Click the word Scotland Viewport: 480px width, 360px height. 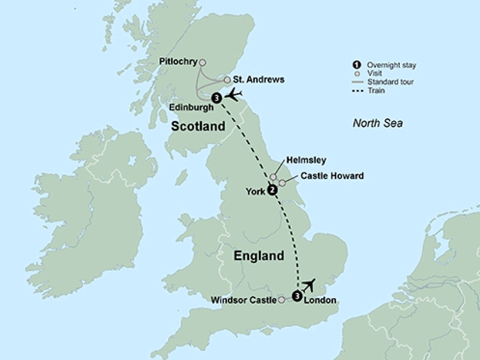pyautogui.click(x=199, y=127)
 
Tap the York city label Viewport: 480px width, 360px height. pyautogui.click(x=255, y=191)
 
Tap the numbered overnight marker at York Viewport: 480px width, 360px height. pyautogui.click(x=272, y=190)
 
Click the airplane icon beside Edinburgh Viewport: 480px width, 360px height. pyautogui.click(x=235, y=94)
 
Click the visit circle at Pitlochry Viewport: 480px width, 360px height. pyautogui.click(x=202, y=63)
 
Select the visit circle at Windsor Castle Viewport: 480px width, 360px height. pyautogui.click(x=281, y=300)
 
